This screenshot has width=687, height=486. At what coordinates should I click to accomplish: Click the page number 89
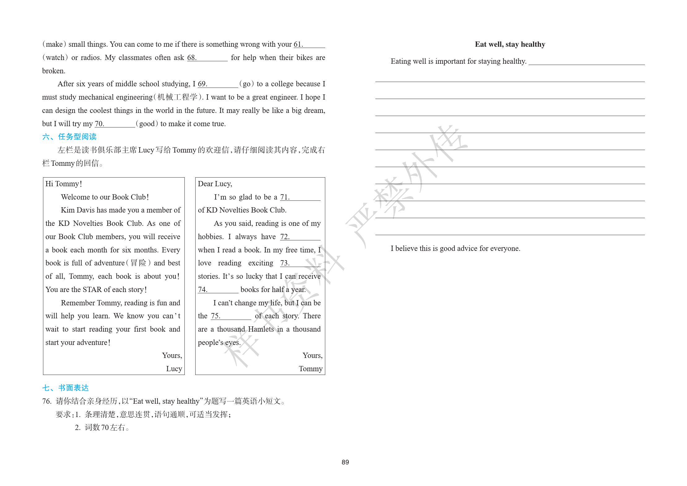(x=345, y=462)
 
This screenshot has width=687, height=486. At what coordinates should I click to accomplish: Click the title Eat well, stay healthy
(x=510, y=44)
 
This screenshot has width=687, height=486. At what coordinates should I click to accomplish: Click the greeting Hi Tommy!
(x=64, y=184)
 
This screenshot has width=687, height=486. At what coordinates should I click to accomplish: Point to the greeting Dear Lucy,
(x=215, y=184)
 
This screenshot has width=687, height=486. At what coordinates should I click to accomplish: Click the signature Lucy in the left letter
(x=174, y=369)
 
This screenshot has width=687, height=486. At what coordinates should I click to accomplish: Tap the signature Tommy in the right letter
(x=310, y=369)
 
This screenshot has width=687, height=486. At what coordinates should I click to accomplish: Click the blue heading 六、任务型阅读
(x=69, y=137)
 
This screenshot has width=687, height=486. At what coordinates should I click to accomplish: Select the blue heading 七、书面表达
(x=66, y=388)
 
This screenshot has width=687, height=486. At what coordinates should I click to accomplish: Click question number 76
(x=46, y=402)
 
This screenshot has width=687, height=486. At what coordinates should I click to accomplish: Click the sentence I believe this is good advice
(x=455, y=248)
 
